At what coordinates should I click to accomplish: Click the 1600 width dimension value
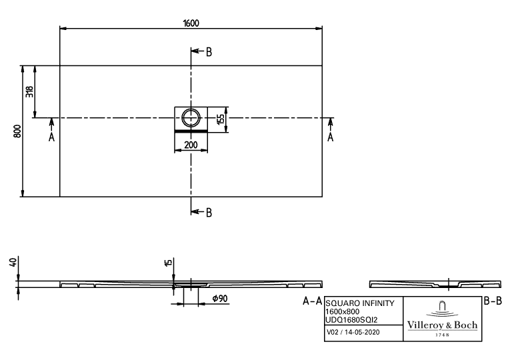[x=191, y=23]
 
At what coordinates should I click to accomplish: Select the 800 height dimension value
[x=17, y=131]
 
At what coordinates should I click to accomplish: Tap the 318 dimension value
[x=29, y=92]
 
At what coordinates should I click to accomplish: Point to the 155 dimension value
[x=220, y=119]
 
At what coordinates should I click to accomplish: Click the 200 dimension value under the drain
[x=191, y=145]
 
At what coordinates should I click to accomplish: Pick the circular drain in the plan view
[x=191, y=118]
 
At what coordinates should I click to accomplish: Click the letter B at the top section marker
[x=209, y=52]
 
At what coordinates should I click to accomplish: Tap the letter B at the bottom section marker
[x=209, y=213]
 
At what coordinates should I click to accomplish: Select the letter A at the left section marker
[x=51, y=137]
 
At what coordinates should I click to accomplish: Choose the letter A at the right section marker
[x=331, y=137]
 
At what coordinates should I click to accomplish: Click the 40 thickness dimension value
[x=13, y=262]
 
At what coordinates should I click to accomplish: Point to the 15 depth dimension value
[x=168, y=263]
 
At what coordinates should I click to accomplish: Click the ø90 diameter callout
[x=220, y=299]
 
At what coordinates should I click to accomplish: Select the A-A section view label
[x=312, y=301]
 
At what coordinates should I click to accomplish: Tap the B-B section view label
[x=493, y=301]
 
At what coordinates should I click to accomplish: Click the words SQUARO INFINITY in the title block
[x=360, y=303]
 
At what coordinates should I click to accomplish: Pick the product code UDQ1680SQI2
[x=351, y=320]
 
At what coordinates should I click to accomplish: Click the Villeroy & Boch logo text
[x=443, y=325]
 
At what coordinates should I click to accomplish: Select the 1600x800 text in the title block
[x=343, y=311]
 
